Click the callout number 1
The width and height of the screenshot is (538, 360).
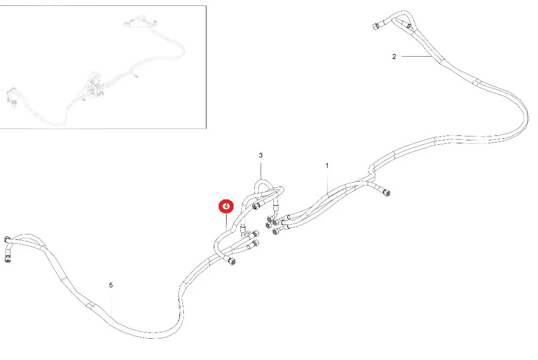pyautogui.click(x=327, y=165)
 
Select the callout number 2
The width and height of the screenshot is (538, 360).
pyautogui.click(x=394, y=57)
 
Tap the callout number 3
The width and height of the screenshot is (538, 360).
pyautogui.click(x=261, y=155)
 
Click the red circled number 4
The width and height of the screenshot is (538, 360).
pyautogui.click(x=226, y=206)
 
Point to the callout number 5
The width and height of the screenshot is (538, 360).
pyautogui.click(x=111, y=285)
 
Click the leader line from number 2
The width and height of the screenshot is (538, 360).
pyautogui.click(x=416, y=57)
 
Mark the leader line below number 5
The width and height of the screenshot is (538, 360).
pyautogui.click(x=112, y=303)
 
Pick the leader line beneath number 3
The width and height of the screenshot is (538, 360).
pyautogui.click(x=261, y=170)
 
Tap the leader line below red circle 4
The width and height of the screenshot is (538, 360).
pyautogui.click(x=226, y=221)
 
